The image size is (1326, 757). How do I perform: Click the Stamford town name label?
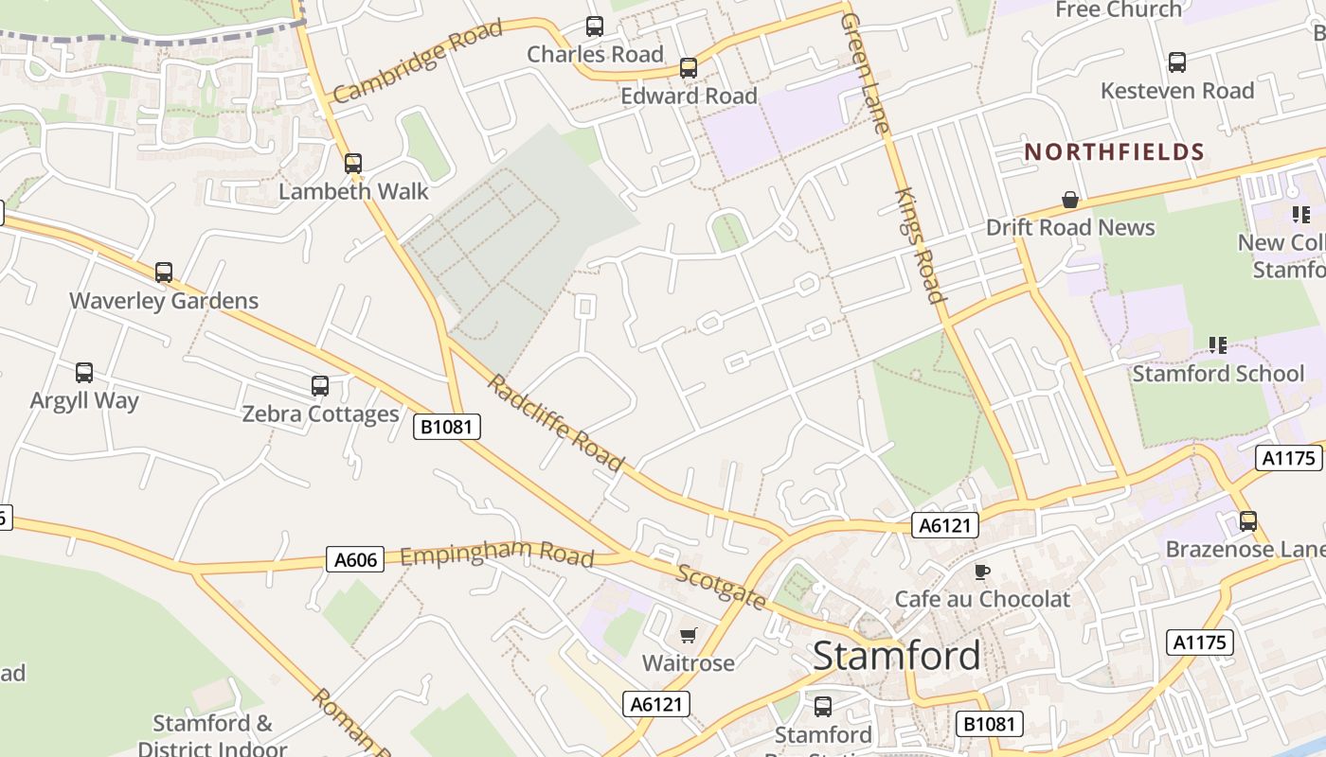(896, 655)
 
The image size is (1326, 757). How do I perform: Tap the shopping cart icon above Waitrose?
(689, 635)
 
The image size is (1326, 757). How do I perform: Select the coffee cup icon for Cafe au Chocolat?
(982, 572)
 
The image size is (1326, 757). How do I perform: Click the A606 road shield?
(356, 559)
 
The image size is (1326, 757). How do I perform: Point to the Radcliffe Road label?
(556, 423)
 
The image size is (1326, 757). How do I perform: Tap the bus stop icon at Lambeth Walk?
(353, 164)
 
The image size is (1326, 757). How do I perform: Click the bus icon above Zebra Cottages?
(320, 386)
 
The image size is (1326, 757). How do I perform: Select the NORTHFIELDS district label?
(1114, 151)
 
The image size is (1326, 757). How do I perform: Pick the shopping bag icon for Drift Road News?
(1070, 200)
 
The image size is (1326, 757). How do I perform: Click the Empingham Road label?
(496, 555)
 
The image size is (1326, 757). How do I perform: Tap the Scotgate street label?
(722, 587)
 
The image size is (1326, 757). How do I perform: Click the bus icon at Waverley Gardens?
(164, 273)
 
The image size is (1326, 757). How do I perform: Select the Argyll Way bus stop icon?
(84, 373)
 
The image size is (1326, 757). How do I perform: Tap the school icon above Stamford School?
(1218, 345)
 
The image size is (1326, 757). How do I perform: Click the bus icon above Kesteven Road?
(1177, 62)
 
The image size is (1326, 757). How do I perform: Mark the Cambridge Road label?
(418, 62)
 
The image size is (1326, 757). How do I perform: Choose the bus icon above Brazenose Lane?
(1248, 521)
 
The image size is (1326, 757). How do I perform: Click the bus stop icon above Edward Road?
(689, 68)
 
